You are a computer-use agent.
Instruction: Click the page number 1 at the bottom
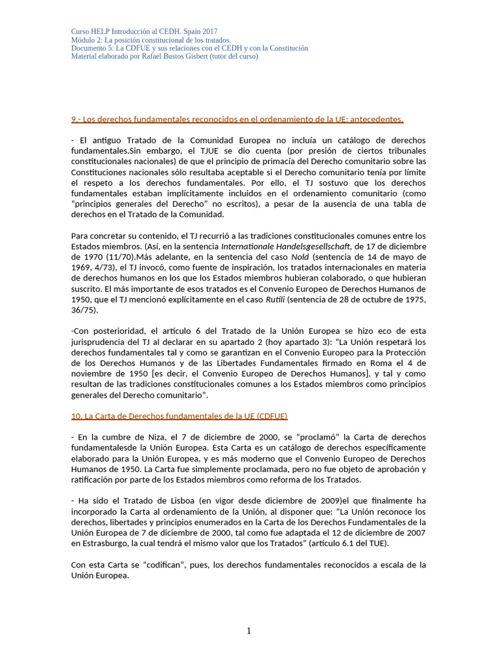click(x=248, y=631)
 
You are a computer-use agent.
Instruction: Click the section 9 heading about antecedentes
click(x=237, y=119)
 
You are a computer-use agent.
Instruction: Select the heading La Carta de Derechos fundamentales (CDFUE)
click(x=179, y=416)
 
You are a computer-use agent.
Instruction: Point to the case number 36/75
click(x=82, y=309)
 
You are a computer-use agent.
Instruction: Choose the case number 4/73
click(x=103, y=267)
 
